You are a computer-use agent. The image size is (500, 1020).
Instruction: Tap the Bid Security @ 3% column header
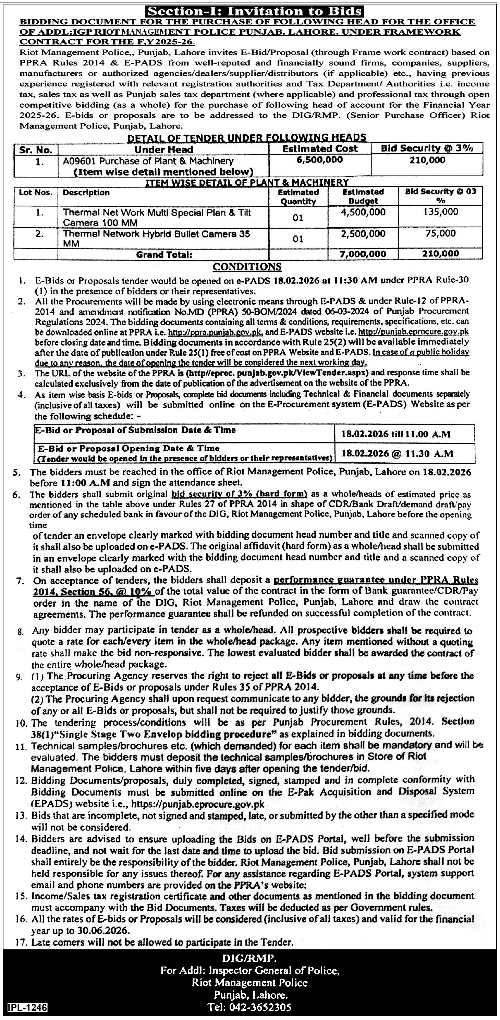pyautogui.click(x=427, y=148)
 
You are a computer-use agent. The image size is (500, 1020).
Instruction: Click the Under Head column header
pyautogui.click(x=163, y=150)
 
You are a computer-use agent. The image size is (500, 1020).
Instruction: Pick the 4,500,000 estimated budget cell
pyautogui.click(x=363, y=212)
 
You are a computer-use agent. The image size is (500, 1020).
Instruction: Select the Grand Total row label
pyautogui.click(x=164, y=255)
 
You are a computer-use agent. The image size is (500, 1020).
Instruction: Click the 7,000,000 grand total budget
pyautogui.click(x=363, y=254)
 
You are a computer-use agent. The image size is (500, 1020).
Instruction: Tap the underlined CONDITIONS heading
pyautogui.click(x=247, y=267)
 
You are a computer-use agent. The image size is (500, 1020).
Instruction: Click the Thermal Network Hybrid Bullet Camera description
pyautogui.click(x=156, y=238)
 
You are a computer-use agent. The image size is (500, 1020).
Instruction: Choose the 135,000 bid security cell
pyautogui.click(x=441, y=212)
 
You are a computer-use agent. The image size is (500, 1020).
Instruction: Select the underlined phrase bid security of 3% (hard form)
pyautogui.click(x=240, y=494)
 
